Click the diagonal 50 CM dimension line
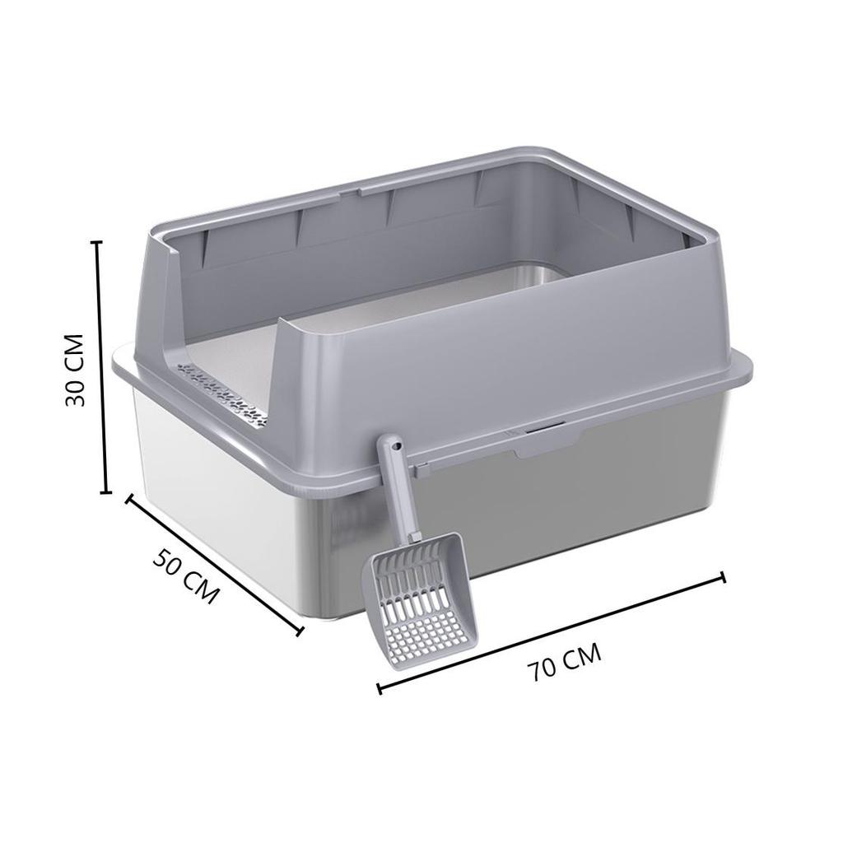pyautogui.click(x=214, y=565)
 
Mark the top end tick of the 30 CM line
pyautogui.click(x=95, y=242)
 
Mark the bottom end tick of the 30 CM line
pyautogui.click(x=105, y=493)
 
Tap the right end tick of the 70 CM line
pyautogui.click(x=724, y=576)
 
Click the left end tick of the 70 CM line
pyautogui.click(x=379, y=687)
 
